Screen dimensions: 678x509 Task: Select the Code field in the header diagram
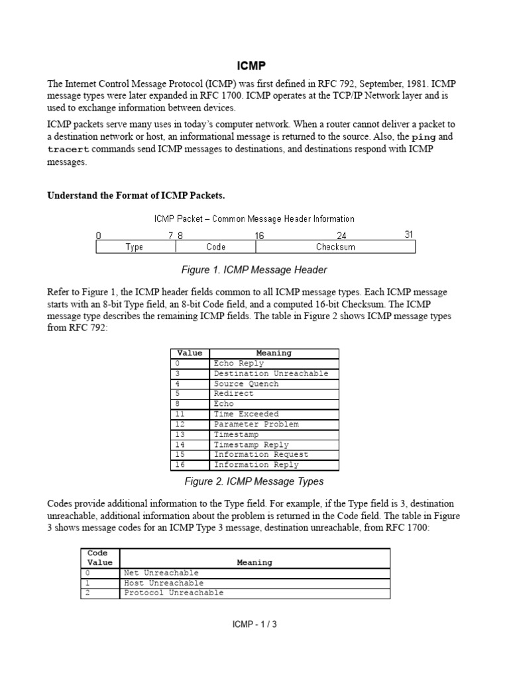click(215, 247)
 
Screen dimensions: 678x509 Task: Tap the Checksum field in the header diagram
click(335, 247)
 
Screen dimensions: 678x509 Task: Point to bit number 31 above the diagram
click(409, 234)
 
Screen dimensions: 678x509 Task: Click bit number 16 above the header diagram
click(260, 235)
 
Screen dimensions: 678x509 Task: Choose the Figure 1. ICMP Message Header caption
click(254, 270)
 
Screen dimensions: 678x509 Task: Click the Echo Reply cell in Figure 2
click(239, 363)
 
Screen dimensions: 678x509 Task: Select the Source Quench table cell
click(246, 384)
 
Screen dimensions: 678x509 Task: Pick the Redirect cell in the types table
click(233, 394)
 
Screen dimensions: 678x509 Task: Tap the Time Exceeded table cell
click(246, 414)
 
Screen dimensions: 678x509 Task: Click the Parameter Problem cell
click(256, 424)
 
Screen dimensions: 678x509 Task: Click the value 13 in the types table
click(180, 435)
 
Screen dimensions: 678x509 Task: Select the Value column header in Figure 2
click(190, 354)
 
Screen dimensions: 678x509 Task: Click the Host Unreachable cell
click(164, 583)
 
